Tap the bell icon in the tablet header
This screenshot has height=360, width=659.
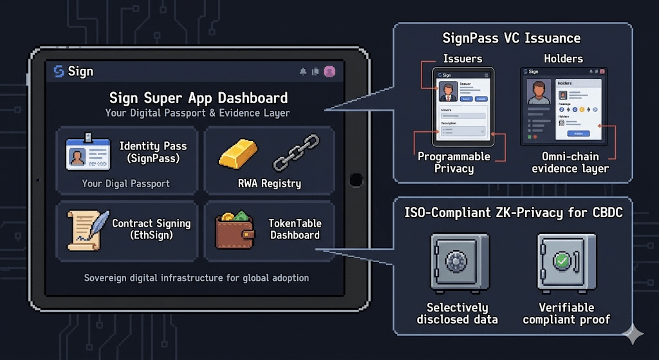coord(303,71)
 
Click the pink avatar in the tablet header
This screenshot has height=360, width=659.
coord(329,71)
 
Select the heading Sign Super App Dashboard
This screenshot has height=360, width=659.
coord(198,99)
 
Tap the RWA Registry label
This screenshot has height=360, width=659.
coord(269,184)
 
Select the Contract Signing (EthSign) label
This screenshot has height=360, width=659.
coord(151,229)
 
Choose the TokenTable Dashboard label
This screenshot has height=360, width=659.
coord(295,229)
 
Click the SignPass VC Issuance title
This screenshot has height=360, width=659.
coord(512,39)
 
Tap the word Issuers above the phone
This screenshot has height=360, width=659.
coord(462,59)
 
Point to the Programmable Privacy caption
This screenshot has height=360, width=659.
coord(454,162)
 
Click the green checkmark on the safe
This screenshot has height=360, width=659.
coord(562,261)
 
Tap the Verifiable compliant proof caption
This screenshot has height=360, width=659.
coord(566,313)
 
